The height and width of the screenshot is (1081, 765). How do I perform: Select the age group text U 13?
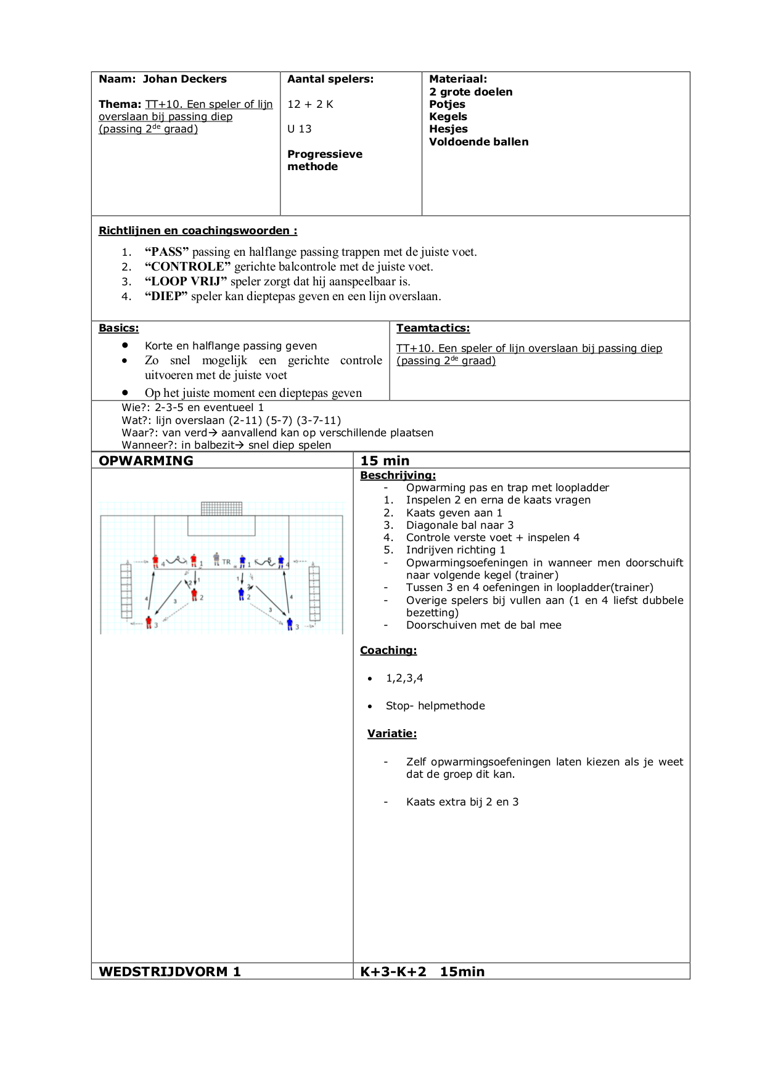[x=300, y=129]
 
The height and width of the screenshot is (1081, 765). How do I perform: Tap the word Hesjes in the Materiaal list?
[x=448, y=129]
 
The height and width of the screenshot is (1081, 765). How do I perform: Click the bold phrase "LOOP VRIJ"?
[x=186, y=281]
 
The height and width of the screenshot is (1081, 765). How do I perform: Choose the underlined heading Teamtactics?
[x=433, y=328]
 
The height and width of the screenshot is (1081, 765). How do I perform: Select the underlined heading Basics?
[x=119, y=328]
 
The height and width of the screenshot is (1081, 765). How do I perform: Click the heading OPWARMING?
[x=146, y=460]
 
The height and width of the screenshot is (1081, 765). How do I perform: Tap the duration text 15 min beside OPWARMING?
[x=385, y=460]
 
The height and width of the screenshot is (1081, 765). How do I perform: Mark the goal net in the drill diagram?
[x=221, y=508]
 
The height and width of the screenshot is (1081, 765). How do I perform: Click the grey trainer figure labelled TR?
[x=216, y=559]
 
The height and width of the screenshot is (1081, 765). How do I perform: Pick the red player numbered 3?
[x=149, y=622]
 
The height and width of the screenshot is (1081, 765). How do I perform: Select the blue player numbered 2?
[x=241, y=594]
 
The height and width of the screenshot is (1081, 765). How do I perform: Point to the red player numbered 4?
[x=155, y=561]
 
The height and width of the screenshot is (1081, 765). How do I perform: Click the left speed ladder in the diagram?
[x=126, y=590]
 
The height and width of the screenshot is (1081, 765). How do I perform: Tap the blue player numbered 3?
[x=290, y=624]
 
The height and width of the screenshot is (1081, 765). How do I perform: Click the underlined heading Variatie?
[x=392, y=733]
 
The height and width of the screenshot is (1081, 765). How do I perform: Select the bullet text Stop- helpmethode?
[x=435, y=706]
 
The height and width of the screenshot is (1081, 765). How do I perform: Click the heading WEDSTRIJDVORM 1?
[x=170, y=972]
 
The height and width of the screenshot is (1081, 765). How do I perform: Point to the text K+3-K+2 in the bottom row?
[x=393, y=972]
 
